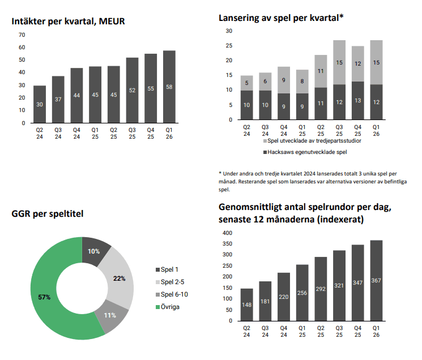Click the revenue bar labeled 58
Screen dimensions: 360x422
(169, 87)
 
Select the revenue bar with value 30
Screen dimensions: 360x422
(40, 104)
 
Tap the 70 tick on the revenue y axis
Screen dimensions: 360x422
(22, 35)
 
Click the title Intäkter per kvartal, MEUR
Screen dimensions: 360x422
(68, 22)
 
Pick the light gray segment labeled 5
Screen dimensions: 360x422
(247, 83)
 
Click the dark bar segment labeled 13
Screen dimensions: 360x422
(358, 100)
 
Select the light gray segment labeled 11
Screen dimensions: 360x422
(321, 71)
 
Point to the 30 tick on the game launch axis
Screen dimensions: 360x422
(229, 31)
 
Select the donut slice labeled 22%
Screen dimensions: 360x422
(119, 278)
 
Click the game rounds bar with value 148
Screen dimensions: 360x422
(246, 304)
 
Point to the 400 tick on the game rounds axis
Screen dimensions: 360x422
(227, 233)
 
